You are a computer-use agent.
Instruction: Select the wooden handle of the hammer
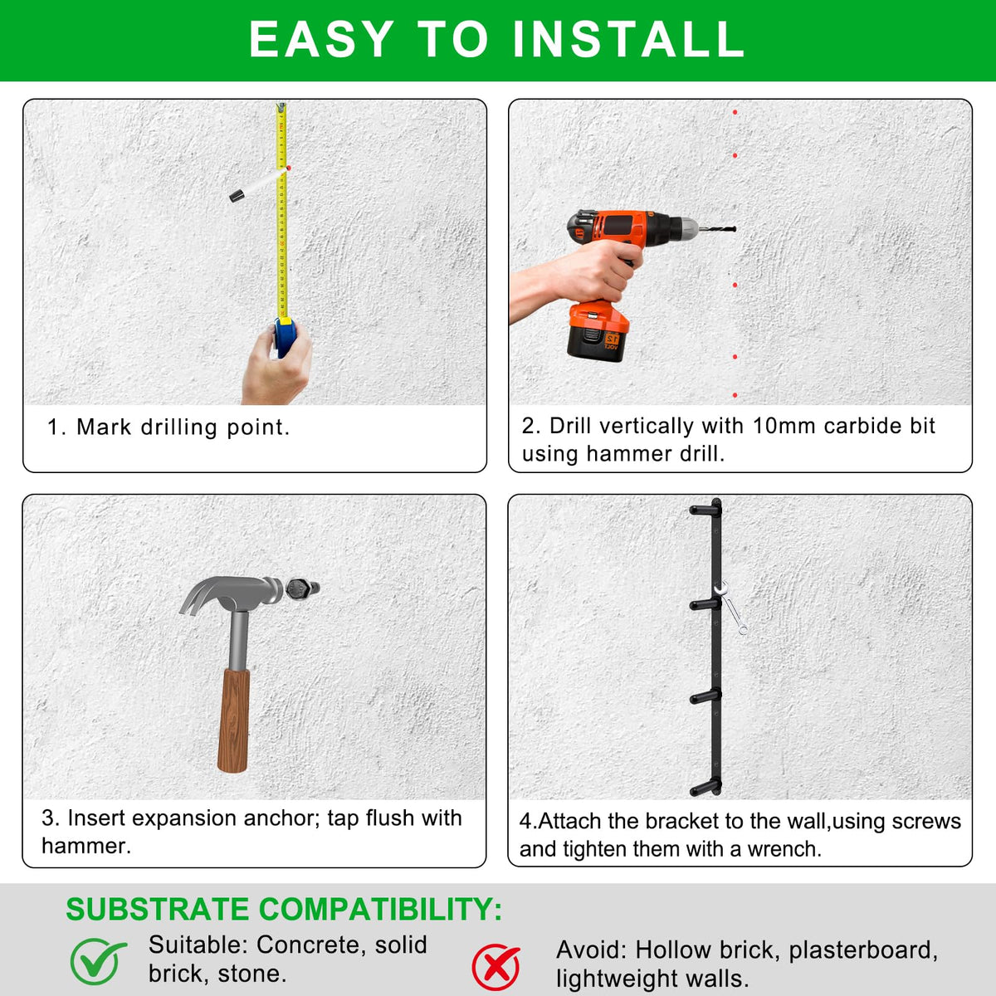pyautogui.click(x=233, y=720)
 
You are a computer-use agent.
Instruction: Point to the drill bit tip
pyautogui.click(x=735, y=229)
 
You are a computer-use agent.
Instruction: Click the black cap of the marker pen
pyautogui.click(x=237, y=196)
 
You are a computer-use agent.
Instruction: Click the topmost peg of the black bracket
pyautogui.click(x=705, y=510)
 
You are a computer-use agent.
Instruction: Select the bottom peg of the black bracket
pyautogui.click(x=705, y=789)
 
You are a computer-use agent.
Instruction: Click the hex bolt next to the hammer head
pyautogui.click(x=301, y=588)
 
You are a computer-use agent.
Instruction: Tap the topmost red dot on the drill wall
pyautogui.click(x=735, y=112)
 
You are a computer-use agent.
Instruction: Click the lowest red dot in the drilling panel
pyautogui.click(x=735, y=395)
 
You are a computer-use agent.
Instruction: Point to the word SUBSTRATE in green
pyautogui.click(x=158, y=909)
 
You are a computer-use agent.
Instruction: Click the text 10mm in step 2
pyautogui.click(x=784, y=426)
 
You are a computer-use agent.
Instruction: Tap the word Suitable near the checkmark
pyautogui.click(x=199, y=945)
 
